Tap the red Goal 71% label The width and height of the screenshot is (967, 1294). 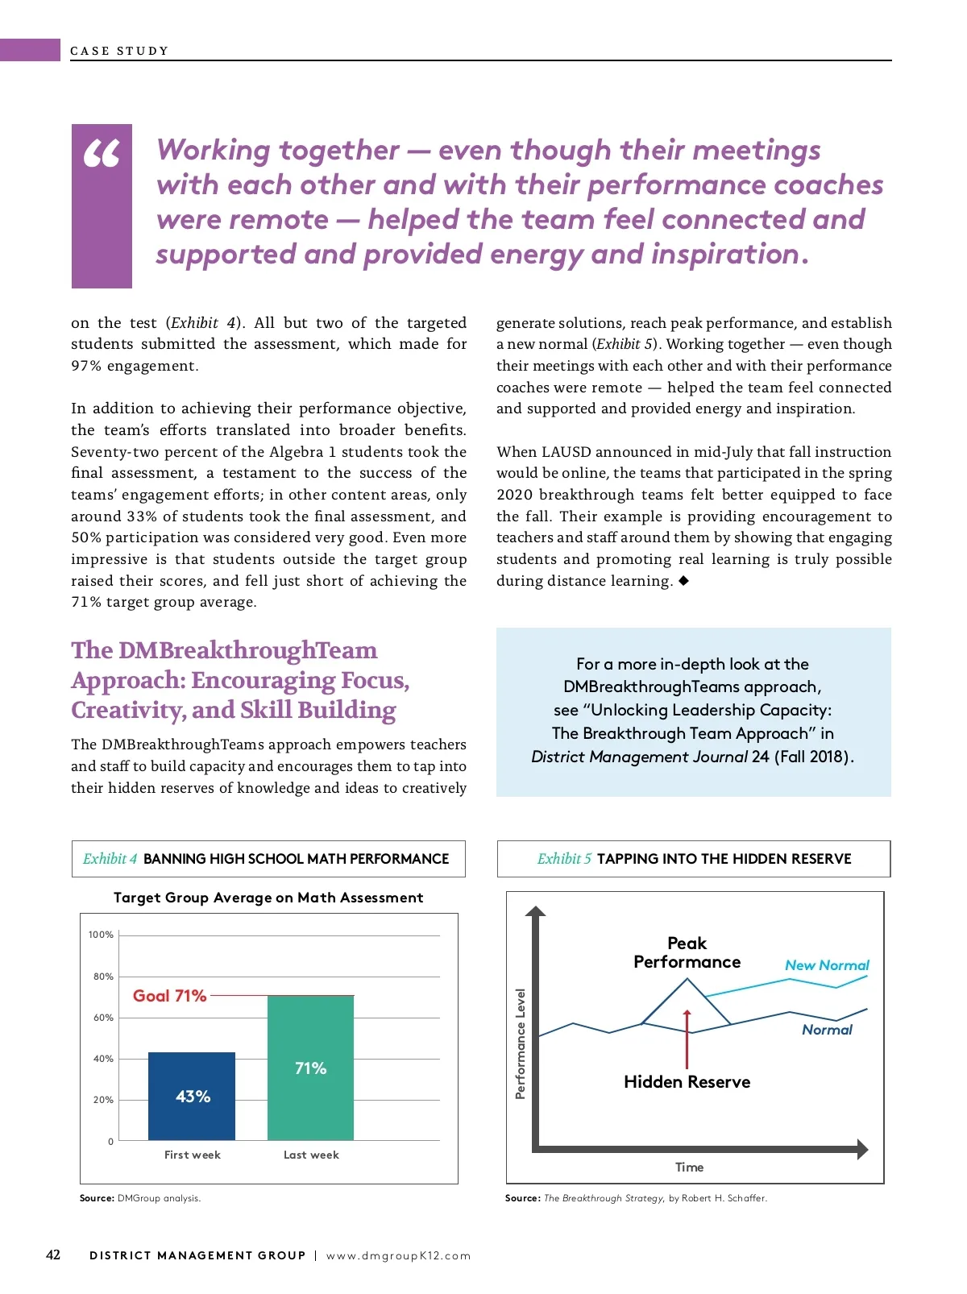point(169,996)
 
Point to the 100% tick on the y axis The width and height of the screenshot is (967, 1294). point(101,935)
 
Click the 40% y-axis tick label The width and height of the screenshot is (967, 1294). point(103,1059)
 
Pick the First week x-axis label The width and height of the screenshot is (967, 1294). point(192,1155)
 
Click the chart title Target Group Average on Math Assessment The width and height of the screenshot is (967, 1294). point(268,898)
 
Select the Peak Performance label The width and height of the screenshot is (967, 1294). point(687,952)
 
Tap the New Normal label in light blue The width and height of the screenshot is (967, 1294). point(827,965)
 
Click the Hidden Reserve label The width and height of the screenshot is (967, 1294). point(687,1082)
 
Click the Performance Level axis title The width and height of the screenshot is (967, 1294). point(520,1043)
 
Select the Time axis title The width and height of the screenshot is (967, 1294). point(689,1168)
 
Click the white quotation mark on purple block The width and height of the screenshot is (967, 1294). point(102,153)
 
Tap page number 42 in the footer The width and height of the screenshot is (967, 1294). point(53,1255)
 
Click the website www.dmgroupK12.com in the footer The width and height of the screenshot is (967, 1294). point(398,1255)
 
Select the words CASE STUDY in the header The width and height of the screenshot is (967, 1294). point(119,51)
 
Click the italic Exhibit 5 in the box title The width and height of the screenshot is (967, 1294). point(564,859)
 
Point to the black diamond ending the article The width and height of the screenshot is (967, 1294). point(683,580)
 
